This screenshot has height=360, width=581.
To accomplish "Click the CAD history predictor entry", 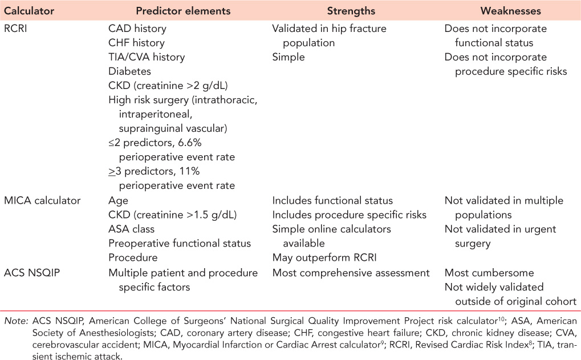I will tap(137, 28).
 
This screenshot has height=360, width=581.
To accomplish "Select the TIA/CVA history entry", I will tap(147, 57).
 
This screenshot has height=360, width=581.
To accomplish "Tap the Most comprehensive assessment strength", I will tap(351, 273).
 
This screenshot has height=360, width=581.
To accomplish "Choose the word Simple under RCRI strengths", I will tap(289, 57).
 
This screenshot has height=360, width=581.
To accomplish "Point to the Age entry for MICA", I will tap(118, 200).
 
